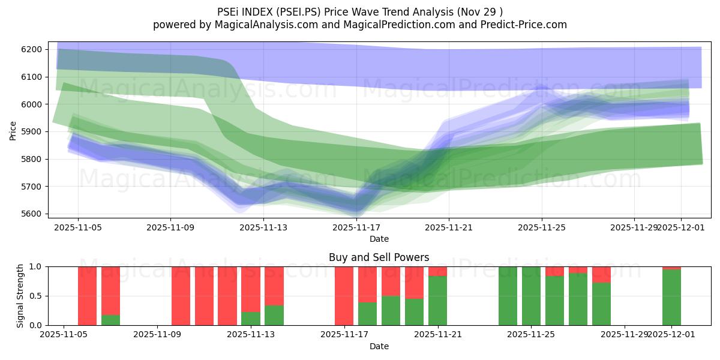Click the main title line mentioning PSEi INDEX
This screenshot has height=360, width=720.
pos(359,11)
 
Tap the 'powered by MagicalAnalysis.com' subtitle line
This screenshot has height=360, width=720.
pos(359,25)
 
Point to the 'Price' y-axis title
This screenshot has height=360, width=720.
pos(13,130)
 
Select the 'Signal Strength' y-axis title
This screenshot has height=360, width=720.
pos(21,295)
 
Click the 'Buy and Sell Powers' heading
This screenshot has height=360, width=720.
pos(379,257)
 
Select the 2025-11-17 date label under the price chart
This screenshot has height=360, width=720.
pos(356,228)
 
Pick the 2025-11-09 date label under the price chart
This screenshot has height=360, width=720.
pos(170,228)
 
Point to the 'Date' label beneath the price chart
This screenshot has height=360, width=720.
pos(379,239)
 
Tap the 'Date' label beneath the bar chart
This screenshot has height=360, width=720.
pos(379,346)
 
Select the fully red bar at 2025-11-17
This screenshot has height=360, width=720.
pos(344,296)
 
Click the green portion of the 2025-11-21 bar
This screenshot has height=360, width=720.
pos(437,301)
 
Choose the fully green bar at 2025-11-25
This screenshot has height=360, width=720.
pos(531,296)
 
